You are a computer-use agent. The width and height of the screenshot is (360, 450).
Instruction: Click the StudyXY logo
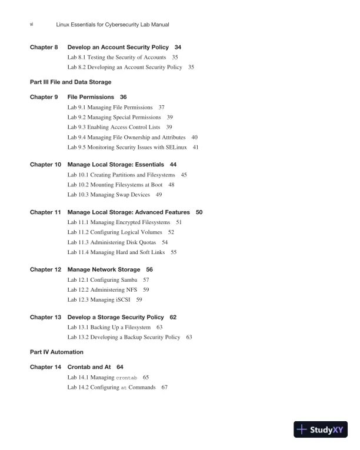point(323,429)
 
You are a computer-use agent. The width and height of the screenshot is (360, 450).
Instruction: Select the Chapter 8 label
point(44,46)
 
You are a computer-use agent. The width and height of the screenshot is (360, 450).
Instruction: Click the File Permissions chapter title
point(89,96)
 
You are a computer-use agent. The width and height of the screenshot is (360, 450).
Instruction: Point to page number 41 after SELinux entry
point(196,147)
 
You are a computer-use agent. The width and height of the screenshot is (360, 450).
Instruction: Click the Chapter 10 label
point(45,164)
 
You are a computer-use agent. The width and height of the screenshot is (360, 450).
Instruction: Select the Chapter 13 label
point(45,317)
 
